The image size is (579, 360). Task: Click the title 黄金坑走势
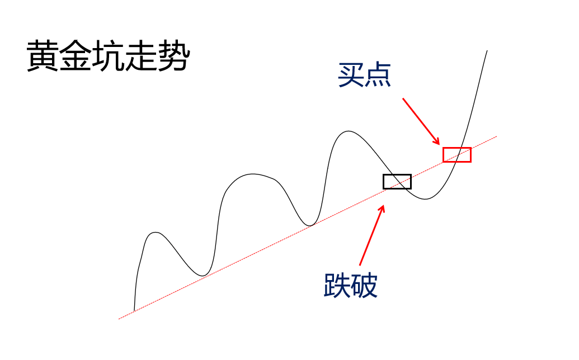pos(108,56)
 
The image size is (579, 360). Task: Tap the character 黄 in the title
pos(43,56)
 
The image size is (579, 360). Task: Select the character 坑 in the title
pos(108,56)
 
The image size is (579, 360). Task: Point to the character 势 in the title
pos(173,56)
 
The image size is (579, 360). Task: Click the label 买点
pos(364,75)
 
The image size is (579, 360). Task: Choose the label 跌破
pos(351,285)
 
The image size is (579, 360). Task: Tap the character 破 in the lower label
pos(365,285)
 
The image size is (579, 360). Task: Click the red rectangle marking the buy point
pos(457,155)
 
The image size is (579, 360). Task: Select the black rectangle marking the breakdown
pos(397,181)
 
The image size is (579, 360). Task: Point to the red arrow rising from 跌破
pos(372,235)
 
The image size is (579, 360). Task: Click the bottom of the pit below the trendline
pos(425,199)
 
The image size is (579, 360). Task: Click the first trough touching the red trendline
pos(203,276)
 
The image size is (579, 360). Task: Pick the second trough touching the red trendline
pos(309,226)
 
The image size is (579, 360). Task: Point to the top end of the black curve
pos(487,51)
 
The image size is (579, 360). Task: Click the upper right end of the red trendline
pos(496,136)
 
